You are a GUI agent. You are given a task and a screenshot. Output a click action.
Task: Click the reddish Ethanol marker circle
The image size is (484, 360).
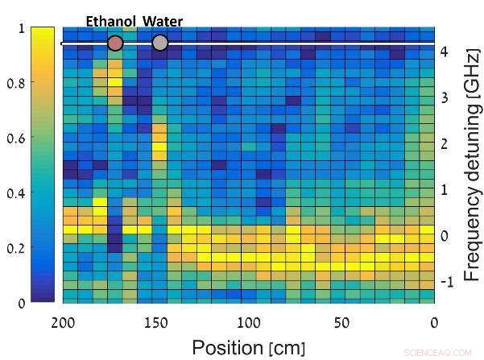(115, 43)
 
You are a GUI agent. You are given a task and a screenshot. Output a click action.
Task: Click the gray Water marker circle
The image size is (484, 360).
(159, 43)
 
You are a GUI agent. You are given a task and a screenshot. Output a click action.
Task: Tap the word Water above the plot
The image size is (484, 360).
(163, 21)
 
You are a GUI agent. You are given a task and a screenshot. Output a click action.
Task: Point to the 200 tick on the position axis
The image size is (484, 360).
(63, 322)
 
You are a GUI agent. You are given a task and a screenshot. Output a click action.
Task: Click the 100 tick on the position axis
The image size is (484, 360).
(249, 322)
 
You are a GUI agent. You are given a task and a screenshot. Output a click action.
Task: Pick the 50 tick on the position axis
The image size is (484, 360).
(341, 322)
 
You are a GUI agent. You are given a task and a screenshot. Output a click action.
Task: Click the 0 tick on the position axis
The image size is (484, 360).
(433, 322)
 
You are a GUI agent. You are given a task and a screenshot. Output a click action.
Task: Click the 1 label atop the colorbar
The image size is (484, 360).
(20, 28)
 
